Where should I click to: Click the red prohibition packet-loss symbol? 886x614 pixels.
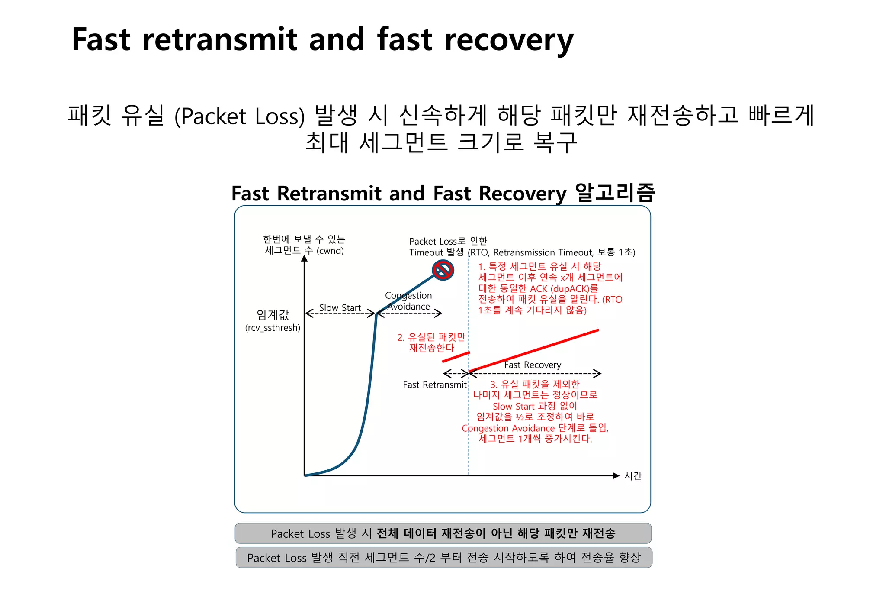point(443,271)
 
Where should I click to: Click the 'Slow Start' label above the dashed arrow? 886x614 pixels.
point(340,307)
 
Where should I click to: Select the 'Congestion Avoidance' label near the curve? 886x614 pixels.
point(408,301)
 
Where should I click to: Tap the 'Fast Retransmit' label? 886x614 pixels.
point(434,385)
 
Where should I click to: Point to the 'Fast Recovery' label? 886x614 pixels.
point(533,365)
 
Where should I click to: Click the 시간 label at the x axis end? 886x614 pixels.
point(632,476)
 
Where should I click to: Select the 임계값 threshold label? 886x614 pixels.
point(273,315)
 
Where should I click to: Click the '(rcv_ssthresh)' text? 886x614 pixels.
point(273,328)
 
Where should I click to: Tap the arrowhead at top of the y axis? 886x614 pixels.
point(304,258)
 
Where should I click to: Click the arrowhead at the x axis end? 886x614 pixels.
point(616,476)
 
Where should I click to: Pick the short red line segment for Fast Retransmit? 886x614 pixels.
point(456,357)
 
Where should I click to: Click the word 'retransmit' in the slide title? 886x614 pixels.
point(220,39)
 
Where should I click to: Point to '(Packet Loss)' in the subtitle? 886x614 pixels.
point(239,116)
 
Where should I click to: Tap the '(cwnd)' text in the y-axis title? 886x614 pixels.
point(330,251)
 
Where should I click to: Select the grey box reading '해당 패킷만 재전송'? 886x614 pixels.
point(443,533)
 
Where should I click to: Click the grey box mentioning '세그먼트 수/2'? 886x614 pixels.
point(444,557)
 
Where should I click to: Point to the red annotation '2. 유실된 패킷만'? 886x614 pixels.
point(431,337)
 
